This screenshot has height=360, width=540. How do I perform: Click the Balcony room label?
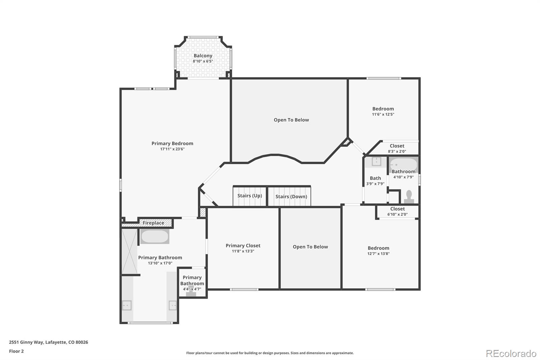[203, 56]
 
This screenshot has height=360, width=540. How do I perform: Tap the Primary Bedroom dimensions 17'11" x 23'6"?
[172, 149]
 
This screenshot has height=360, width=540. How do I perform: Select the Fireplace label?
[153, 223]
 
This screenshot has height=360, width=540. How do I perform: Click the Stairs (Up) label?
[250, 196]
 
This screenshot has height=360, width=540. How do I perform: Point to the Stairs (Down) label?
[291, 197]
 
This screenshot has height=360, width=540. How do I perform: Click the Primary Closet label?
[243, 246]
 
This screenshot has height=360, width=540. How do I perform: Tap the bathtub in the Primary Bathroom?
[155, 236]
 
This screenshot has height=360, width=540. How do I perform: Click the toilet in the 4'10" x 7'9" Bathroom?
[409, 197]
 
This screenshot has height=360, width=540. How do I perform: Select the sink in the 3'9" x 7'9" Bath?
[376, 162]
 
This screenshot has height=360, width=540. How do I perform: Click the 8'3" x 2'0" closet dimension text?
[397, 152]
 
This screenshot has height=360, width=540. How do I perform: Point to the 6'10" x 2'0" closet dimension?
[398, 214]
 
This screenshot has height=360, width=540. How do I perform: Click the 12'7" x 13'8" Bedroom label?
[378, 248]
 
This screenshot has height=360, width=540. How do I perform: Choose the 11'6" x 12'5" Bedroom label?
[383, 109]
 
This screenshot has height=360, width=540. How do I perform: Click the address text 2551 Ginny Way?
[26, 342]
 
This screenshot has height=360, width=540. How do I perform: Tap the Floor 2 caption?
[17, 351]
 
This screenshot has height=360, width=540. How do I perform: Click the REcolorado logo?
[511, 354]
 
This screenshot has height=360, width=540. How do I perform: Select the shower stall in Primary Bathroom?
[130, 252]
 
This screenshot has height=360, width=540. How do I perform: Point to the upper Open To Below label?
[291, 120]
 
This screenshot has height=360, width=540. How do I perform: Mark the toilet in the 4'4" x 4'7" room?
[191, 291]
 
